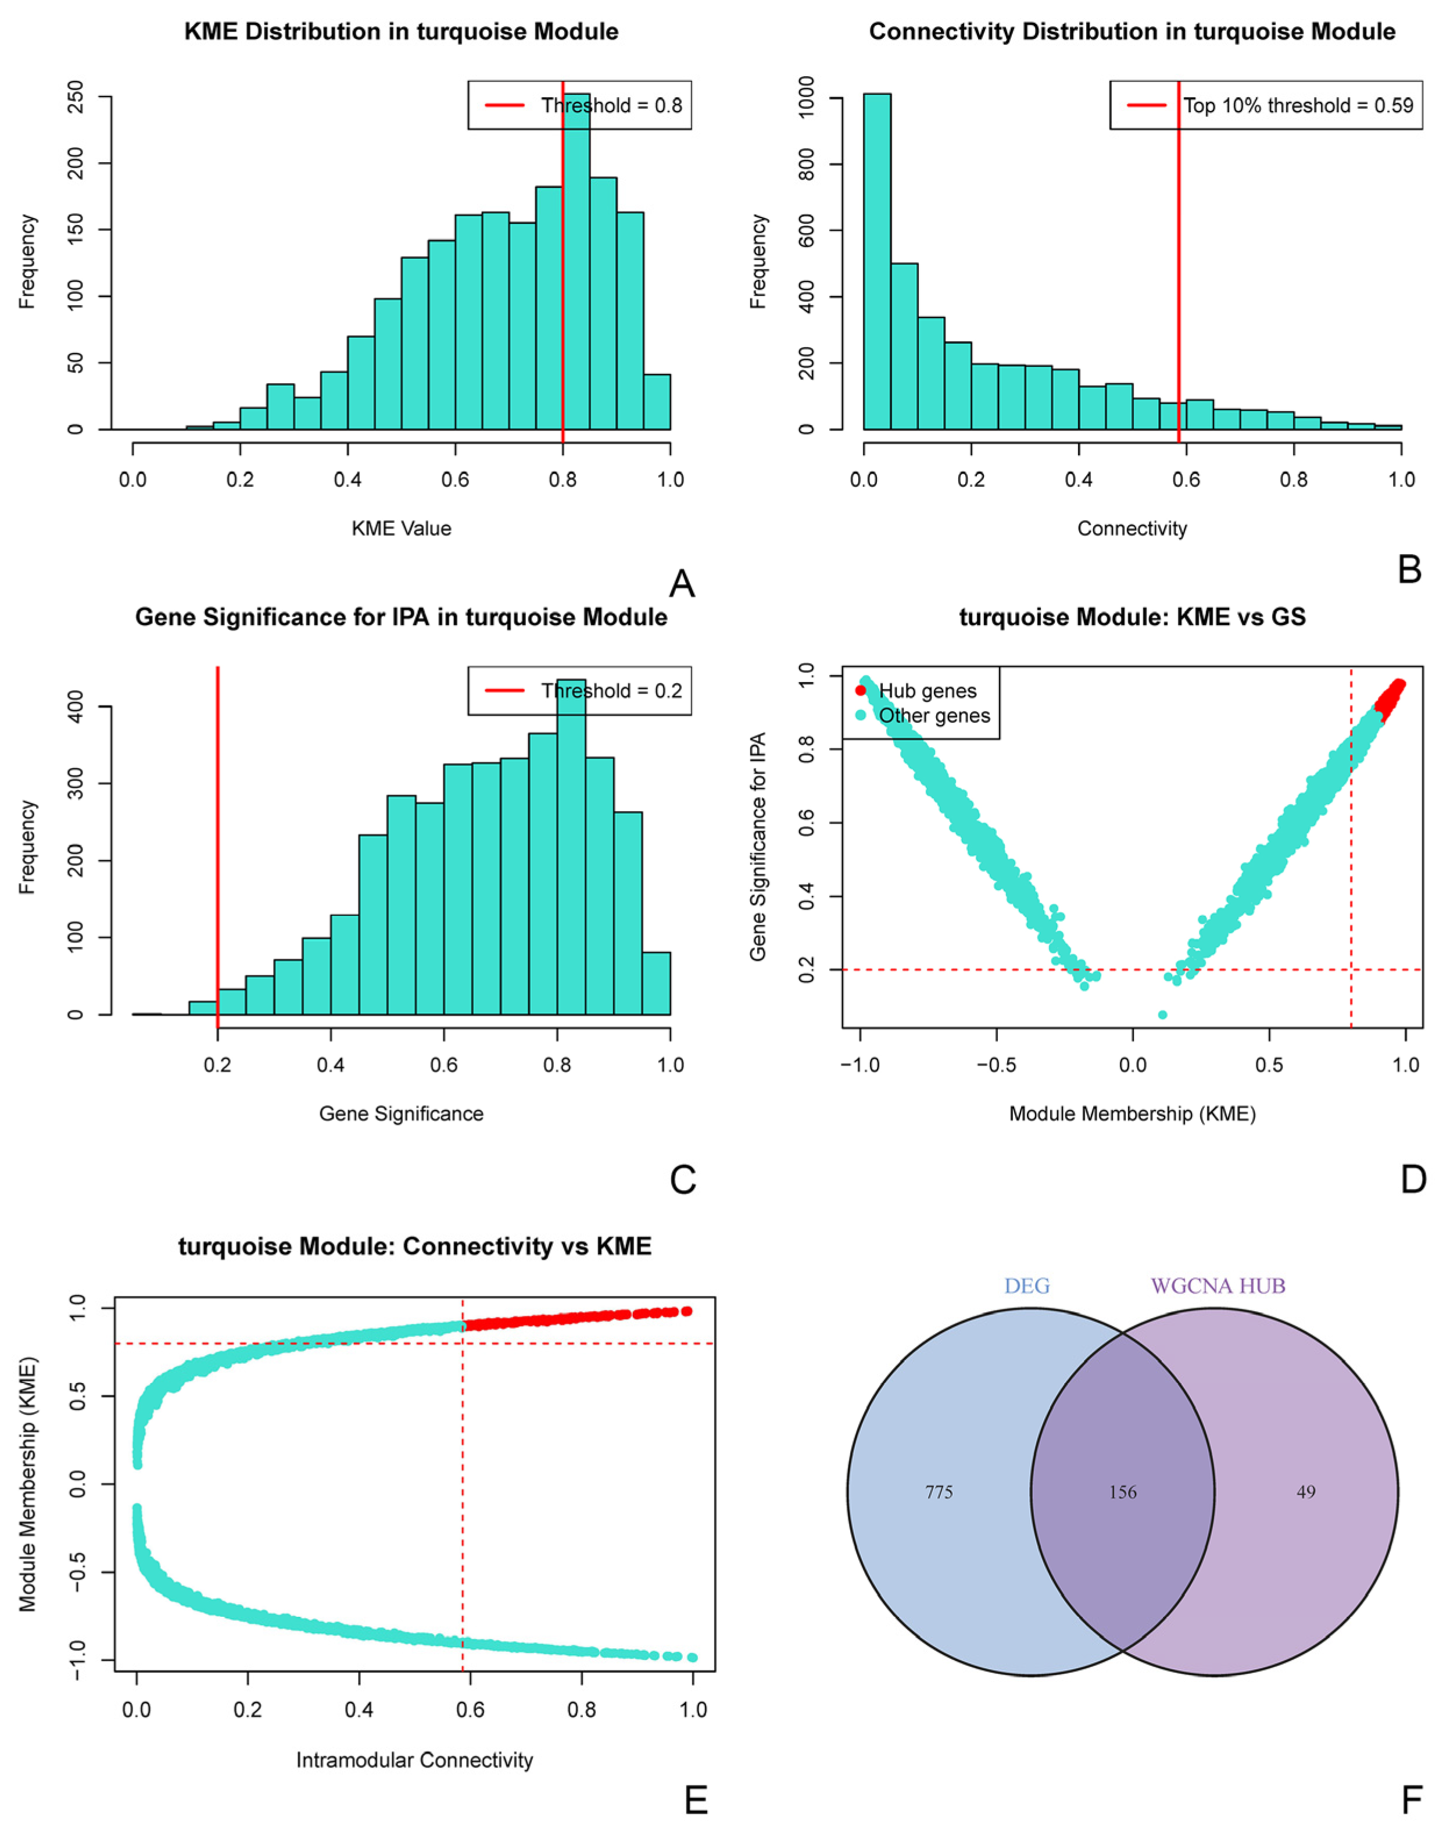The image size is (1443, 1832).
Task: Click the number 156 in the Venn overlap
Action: [1122, 1516]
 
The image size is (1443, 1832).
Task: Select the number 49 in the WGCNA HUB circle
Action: [1306, 1516]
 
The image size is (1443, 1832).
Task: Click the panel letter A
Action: [682, 584]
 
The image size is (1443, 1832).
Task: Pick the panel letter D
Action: [1413, 1179]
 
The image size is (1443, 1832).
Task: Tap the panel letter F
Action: [1412, 1800]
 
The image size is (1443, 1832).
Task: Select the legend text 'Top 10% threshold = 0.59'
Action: [1298, 106]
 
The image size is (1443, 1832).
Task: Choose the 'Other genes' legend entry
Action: [933, 716]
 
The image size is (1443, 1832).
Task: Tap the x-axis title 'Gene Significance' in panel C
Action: [402, 1114]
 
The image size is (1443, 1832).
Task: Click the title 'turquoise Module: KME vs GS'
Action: [1132, 617]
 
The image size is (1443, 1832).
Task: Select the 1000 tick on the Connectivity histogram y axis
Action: [806, 98]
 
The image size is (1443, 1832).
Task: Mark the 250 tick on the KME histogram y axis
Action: [75, 97]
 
